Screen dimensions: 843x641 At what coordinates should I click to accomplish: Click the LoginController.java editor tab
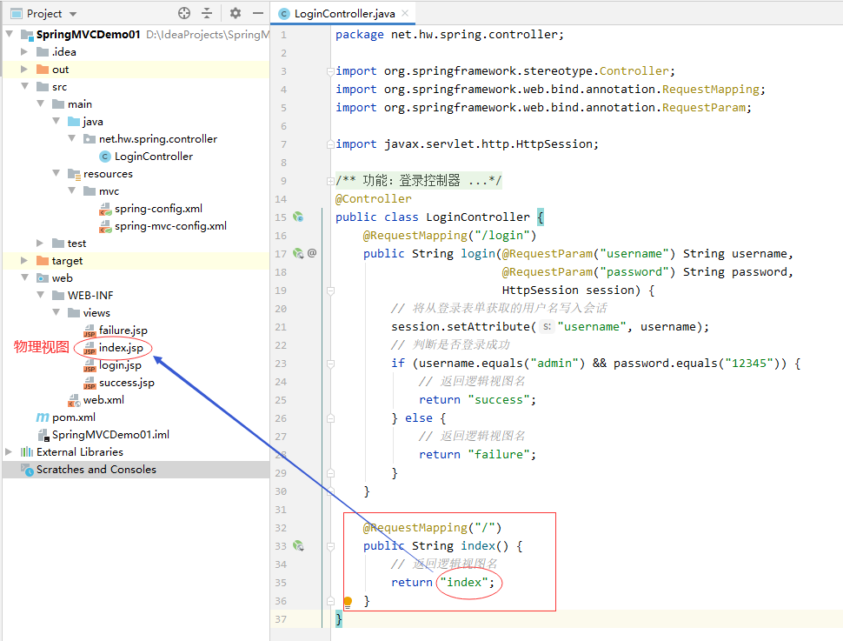tap(344, 13)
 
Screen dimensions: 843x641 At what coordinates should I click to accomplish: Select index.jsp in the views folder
tap(121, 348)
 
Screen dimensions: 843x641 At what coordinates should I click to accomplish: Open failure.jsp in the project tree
tap(123, 330)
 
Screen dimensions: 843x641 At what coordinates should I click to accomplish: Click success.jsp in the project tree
tap(126, 383)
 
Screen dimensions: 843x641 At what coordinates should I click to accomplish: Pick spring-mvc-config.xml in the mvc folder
tap(170, 226)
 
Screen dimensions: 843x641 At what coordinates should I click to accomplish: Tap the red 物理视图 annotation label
tap(42, 347)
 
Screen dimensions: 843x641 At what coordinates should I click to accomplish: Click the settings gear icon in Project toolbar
tap(235, 13)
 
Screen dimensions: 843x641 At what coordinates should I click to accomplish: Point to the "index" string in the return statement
tap(464, 583)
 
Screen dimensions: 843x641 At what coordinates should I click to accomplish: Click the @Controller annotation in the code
tap(373, 198)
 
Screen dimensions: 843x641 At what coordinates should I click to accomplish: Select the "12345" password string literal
tap(749, 364)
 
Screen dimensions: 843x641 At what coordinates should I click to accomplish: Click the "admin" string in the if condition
tap(554, 364)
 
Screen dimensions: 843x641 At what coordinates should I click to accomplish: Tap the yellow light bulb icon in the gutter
tap(348, 601)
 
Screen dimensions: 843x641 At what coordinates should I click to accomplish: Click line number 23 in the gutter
tap(281, 364)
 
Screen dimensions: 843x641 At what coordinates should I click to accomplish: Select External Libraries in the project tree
tap(80, 452)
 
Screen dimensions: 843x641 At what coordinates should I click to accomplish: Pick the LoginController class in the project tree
tap(153, 156)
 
